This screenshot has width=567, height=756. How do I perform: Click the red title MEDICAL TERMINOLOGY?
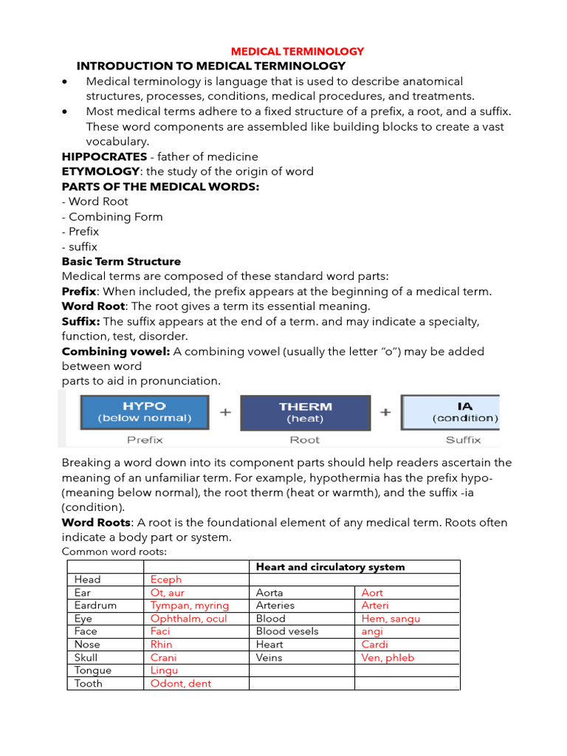click(298, 52)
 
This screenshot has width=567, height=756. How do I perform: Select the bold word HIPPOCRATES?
click(104, 157)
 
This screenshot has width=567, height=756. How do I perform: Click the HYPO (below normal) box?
click(145, 412)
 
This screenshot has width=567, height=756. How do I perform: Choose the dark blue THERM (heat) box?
click(305, 412)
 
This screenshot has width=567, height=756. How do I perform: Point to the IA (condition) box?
click(451, 412)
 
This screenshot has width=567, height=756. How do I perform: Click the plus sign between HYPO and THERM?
click(225, 412)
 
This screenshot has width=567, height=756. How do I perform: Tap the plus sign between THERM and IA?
click(385, 412)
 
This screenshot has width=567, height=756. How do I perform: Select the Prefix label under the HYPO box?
click(145, 440)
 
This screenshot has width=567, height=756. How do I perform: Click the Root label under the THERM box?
click(305, 440)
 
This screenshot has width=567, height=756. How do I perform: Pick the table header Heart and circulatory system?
click(330, 567)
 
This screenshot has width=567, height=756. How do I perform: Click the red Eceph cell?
click(166, 580)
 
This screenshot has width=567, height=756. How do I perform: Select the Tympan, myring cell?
click(190, 605)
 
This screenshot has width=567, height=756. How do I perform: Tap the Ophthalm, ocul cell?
click(189, 619)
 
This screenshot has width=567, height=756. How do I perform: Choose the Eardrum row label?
click(92, 605)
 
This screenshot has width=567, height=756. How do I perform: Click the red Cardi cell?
click(374, 645)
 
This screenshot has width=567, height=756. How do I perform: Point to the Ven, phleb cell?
click(388, 658)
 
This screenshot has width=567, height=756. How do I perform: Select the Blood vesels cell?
click(287, 631)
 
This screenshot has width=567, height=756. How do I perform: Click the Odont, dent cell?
click(181, 684)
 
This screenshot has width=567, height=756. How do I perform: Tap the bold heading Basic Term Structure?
click(121, 261)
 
